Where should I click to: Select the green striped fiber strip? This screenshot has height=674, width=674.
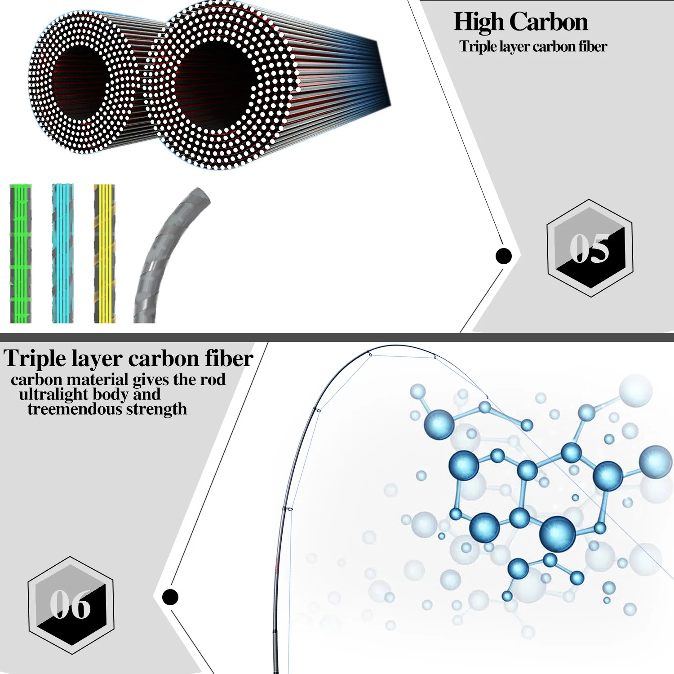coord(21,253)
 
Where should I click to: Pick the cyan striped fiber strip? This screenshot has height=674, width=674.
coord(63,253)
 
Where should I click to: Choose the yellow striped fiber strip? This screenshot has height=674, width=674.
coord(104,253)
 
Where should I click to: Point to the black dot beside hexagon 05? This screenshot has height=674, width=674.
coord(503,256)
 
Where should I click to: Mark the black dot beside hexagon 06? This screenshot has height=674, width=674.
coord(170,597)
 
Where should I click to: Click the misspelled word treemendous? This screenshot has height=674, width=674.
coord(75,409)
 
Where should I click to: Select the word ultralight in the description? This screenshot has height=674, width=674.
coord(53,394)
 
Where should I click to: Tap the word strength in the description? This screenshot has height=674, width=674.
coord(156,409)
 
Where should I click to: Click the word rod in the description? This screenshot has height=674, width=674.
coord(213,380)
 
